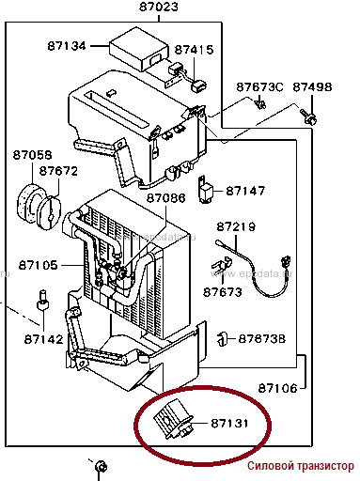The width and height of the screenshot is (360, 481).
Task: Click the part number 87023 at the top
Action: (158, 7)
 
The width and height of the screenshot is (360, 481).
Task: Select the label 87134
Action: (67, 46)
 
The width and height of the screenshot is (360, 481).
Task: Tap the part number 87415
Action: (194, 50)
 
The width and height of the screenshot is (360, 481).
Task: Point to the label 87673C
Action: (259, 87)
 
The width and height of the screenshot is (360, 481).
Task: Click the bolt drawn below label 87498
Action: (308, 116)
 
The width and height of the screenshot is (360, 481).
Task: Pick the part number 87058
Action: (32, 155)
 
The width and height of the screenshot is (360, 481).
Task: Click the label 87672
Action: (58, 171)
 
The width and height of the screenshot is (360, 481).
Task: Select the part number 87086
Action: (166, 198)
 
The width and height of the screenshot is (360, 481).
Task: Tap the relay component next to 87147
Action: (205, 190)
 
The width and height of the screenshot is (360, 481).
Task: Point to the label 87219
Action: (236, 226)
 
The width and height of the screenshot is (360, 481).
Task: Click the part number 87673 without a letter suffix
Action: (223, 292)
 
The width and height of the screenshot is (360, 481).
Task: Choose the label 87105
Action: (39, 265)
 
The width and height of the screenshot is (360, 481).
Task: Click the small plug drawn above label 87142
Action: (43, 301)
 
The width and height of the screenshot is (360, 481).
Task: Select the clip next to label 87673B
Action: (222, 338)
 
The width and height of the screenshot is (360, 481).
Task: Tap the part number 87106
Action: (277, 388)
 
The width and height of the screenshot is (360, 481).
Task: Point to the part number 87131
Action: (229, 424)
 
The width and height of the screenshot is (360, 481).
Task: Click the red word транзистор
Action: (326, 466)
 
